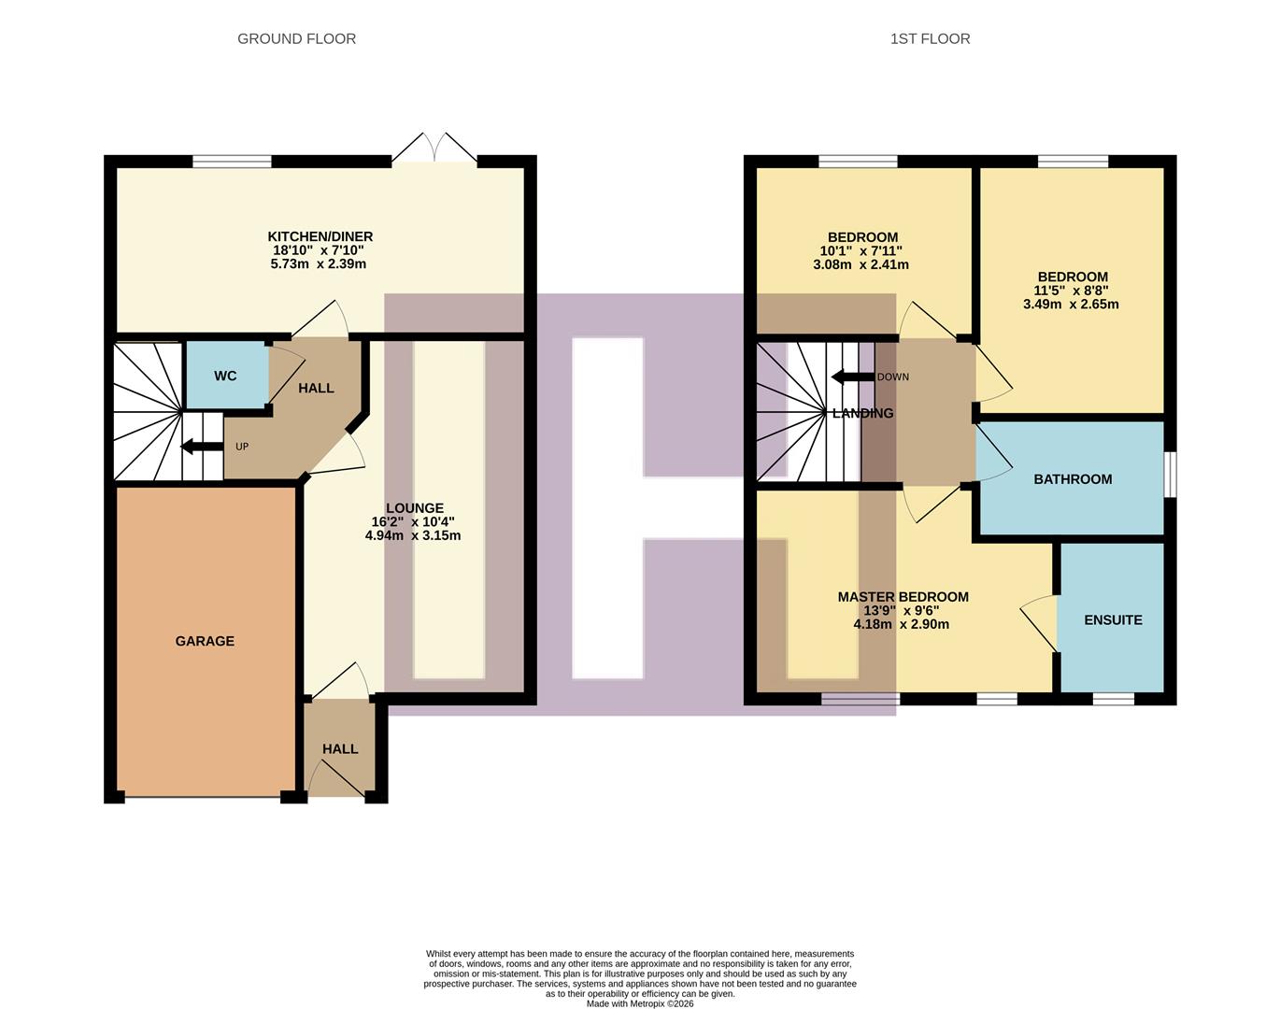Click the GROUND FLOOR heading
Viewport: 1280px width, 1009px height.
coord(296,38)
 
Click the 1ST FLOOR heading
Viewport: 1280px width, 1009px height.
coord(930,38)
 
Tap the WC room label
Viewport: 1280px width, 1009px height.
coord(225,376)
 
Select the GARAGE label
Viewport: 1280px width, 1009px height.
coord(205,641)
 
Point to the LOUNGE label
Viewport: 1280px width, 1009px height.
coord(414,508)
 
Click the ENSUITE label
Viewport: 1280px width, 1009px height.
coord(1112,619)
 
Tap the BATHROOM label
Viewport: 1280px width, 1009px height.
coord(1072,479)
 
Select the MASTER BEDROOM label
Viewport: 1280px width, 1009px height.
coord(903,597)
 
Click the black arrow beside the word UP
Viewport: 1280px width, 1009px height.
coord(201,447)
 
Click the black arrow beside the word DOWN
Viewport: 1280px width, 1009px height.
coord(851,377)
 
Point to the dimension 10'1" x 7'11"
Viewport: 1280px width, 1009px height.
coord(861,251)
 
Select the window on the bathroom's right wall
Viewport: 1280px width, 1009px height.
coord(1170,475)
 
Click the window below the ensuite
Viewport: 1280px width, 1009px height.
coord(1113,698)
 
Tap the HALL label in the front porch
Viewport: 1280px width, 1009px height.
coord(340,748)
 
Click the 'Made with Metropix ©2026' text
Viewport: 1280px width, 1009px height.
coord(640,1003)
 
